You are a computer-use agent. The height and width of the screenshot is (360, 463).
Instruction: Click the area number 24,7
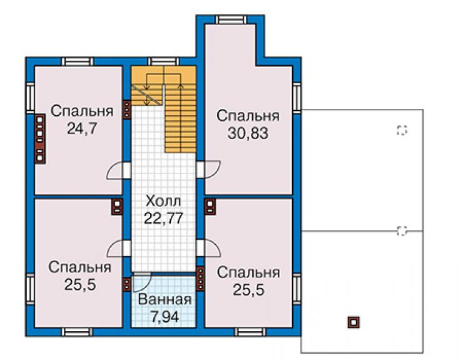[82, 128]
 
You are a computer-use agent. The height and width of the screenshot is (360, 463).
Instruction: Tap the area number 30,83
[248, 133]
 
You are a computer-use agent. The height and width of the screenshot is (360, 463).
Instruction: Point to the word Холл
[163, 202]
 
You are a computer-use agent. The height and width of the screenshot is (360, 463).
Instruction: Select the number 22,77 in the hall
[163, 219]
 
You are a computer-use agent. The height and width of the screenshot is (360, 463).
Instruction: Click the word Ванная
[165, 300]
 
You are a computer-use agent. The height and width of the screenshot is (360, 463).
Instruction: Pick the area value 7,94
[165, 317]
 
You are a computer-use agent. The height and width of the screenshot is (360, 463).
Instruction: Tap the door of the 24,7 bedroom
[118, 170]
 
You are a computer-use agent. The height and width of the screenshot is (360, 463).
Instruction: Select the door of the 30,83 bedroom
[208, 170]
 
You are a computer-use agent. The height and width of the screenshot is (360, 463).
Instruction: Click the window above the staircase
[163, 61]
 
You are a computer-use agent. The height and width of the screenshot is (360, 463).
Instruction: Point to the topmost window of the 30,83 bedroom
[231, 19]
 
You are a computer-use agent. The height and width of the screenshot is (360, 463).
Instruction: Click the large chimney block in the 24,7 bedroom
[40, 138]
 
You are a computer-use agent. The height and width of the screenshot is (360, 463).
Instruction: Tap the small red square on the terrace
[354, 322]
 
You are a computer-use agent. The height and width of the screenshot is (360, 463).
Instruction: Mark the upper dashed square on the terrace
[402, 130]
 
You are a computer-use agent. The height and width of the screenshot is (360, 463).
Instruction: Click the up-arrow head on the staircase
[181, 86]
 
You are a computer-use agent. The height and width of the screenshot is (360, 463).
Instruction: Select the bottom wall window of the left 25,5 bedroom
[77, 332]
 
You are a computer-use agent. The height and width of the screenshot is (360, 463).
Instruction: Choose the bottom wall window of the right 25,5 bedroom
[250, 332]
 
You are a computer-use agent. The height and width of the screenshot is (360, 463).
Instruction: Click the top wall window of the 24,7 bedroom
[77, 61]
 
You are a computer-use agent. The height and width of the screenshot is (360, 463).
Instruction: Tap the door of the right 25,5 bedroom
[209, 249]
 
